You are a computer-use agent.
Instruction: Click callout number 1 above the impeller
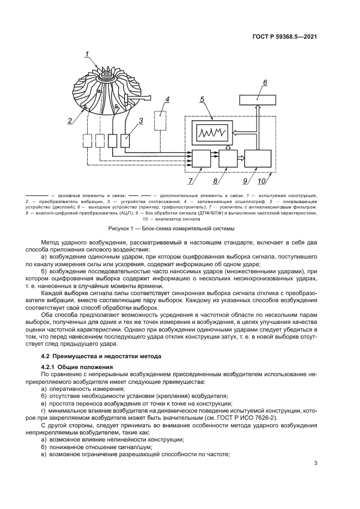pyautogui.click(x=87, y=53)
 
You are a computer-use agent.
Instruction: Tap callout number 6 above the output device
pyautogui.click(x=265, y=83)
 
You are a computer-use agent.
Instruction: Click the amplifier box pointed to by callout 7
pyautogui.click(x=202, y=159)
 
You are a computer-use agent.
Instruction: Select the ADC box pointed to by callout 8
pyautogui.click(x=228, y=159)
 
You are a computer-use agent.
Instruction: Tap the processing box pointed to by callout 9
pyautogui.click(x=258, y=159)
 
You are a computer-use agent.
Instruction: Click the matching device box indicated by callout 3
pyautogui.click(x=127, y=140)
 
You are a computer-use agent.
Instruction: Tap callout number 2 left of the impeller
pyautogui.click(x=69, y=120)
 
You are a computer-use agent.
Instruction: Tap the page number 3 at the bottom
pyautogui.click(x=315, y=464)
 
